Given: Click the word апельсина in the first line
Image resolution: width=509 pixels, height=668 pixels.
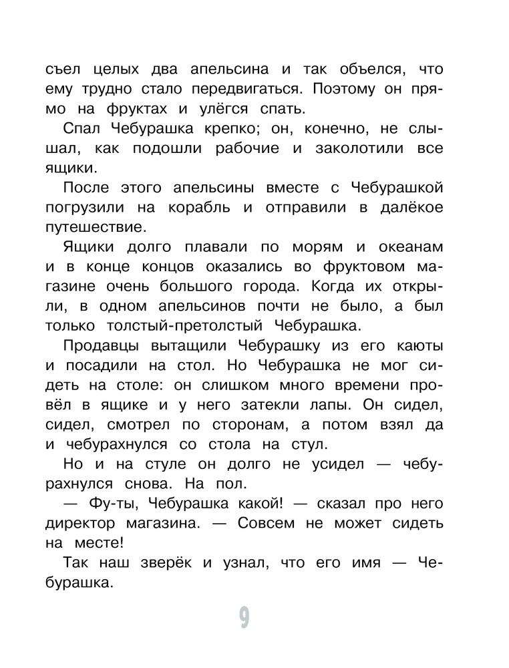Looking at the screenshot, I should tap(229, 69).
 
